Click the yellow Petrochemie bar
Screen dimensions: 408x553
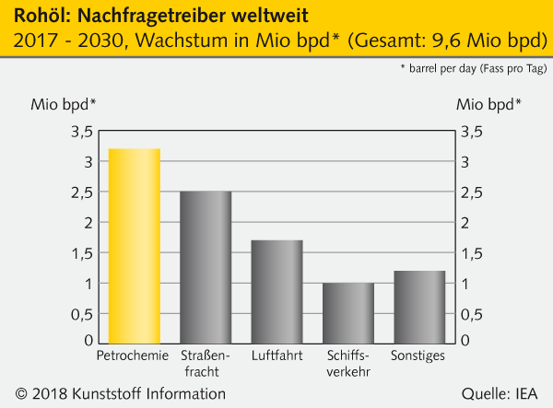(x=135, y=245)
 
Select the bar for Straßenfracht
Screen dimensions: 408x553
(x=206, y=267)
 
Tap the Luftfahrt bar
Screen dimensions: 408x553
(x=276, y=291)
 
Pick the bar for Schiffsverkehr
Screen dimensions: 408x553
(x=347, y=312)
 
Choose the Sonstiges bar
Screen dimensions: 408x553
(x=419, y=306)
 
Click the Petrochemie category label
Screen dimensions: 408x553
(x=134, y=355)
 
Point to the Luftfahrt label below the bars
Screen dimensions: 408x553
(x=276, y=355)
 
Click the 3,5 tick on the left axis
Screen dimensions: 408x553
(x=81, y=132)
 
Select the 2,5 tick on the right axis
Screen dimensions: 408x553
(x=472, y=192)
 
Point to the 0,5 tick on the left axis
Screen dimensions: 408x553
(x=81, y=313)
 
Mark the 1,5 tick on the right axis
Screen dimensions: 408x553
(x=472, y=253)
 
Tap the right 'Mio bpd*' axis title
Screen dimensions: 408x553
(x=489, y=103)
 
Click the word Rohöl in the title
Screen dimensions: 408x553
(x=36, y=16)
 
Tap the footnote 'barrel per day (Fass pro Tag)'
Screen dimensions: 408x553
(x=477, y=69)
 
